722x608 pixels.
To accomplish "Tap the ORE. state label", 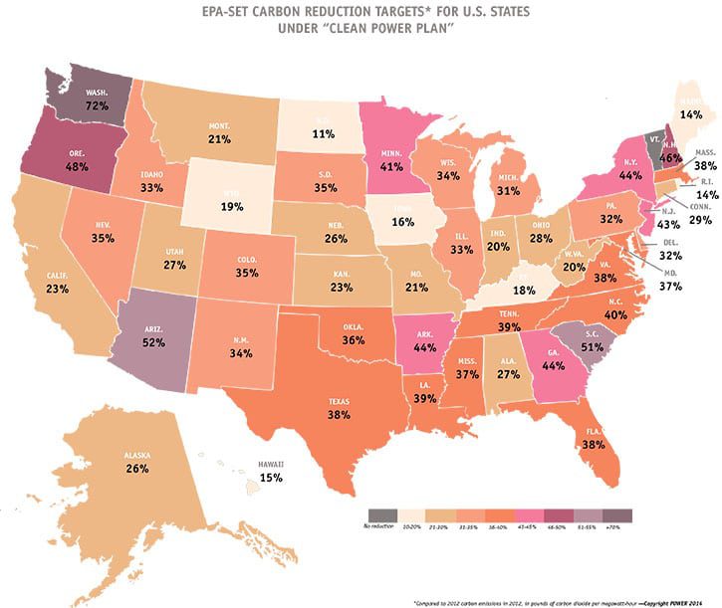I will pyautogui.click(x=76, y=152).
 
